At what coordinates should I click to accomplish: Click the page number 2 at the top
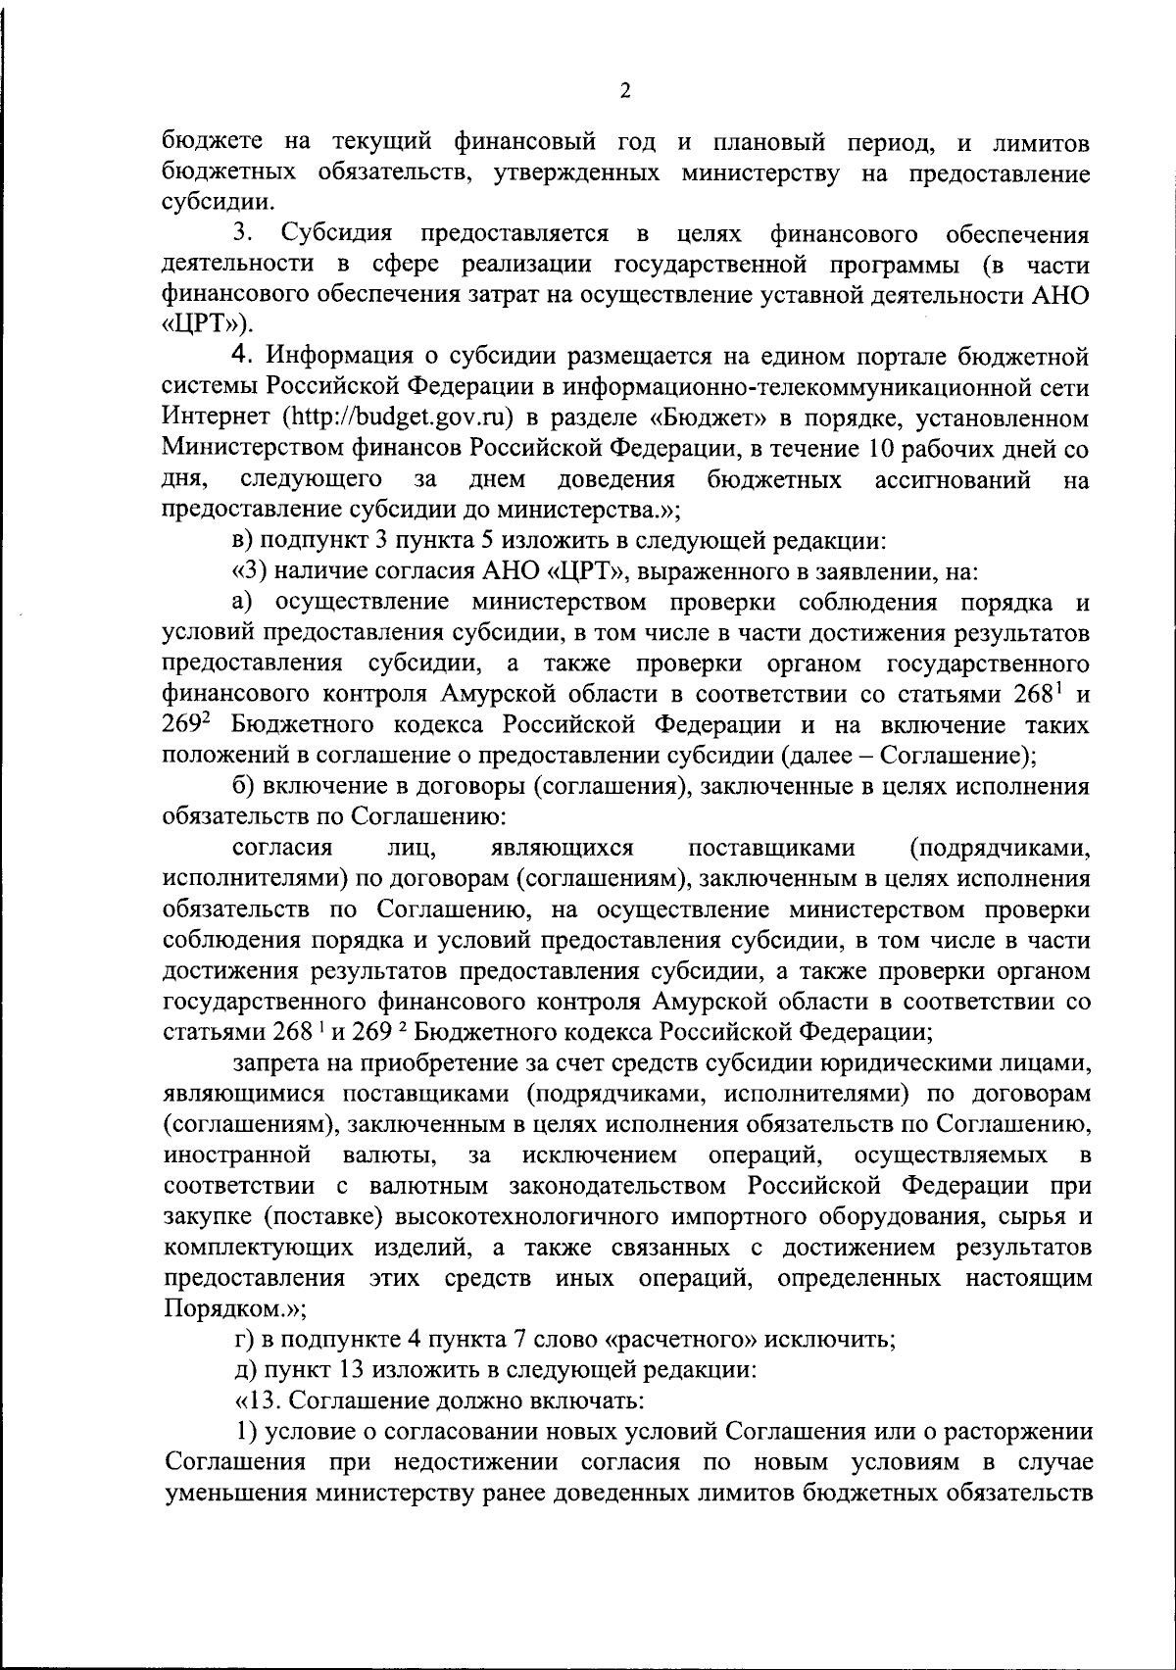pyautogui.click(x=625, y=91)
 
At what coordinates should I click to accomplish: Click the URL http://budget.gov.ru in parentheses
pyautogui.click(x=399, y=417)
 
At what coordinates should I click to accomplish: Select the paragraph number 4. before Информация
pyautogui.click(x=242, y=356)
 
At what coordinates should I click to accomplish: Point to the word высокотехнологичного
pyautogui.click(x=533, y=1216)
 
